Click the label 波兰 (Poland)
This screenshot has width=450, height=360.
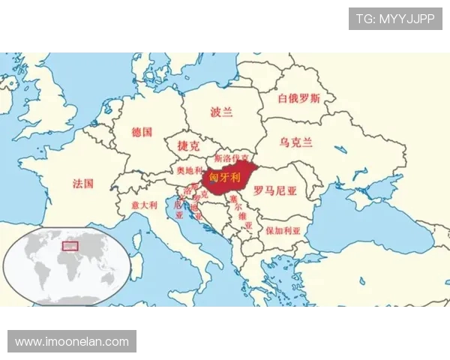point(221,112)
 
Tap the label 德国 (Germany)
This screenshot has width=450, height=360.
point(142,132)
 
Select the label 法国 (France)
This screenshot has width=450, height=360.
point(83,183)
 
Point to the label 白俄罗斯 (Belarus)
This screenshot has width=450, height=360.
point(298,98)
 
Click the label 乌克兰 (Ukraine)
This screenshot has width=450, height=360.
point(295,142)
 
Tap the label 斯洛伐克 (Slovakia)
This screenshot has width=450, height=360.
point(232,159)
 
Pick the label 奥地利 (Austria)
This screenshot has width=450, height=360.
point(189,170)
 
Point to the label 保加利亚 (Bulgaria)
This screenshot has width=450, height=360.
point(282,230)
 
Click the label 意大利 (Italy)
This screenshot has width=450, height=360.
point(144,204)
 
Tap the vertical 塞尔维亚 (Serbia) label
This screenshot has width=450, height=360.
point(241,212)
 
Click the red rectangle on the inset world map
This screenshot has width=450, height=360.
point(70,244)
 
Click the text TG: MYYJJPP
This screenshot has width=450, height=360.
point(395,19)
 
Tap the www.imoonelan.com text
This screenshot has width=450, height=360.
point(72,341)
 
